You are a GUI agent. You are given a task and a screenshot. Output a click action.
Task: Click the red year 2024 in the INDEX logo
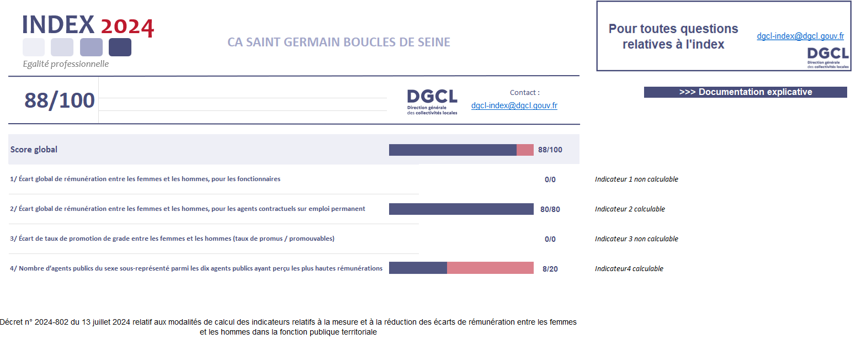[x=127, y=27]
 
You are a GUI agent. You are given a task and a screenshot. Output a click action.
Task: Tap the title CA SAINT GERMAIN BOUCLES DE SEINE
[x=338, y=43]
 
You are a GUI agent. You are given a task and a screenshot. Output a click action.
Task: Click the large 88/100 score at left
[x=60, y=101]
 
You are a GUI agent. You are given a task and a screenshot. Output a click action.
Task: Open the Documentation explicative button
[x=745, y=92]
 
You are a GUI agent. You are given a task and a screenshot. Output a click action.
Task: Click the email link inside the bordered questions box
[x=800, y=36]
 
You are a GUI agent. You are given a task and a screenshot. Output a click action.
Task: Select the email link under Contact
[x=514, y=105]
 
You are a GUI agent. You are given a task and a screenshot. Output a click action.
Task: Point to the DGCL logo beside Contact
[x=432, y=102]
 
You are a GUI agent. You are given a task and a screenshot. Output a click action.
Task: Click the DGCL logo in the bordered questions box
[x=828, y=58]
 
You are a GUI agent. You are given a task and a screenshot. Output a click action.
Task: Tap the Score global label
[x=34, y=150]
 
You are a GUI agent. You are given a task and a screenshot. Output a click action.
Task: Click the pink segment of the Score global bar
[x=525, y=150]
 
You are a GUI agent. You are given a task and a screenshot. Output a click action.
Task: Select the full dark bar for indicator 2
[x=461, y=209]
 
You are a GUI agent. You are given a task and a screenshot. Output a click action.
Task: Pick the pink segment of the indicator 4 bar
[x=490, y=268]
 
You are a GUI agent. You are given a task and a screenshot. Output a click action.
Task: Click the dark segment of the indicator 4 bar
[x=418, y=268]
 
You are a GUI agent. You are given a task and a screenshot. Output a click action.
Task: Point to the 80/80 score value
[x=550, y=210]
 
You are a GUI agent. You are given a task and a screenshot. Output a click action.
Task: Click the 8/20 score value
[x=550, y=269]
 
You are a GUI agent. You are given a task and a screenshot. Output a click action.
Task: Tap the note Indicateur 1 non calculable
[x=636, y=179]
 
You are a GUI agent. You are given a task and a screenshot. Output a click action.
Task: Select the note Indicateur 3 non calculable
[x=636, y=239]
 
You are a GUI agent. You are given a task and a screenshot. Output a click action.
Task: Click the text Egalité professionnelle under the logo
[x=66, y=64]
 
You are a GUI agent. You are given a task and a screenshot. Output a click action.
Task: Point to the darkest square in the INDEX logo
[x=120, y=47]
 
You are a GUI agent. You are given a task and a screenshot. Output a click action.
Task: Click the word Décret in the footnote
[x=11, y=322]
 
